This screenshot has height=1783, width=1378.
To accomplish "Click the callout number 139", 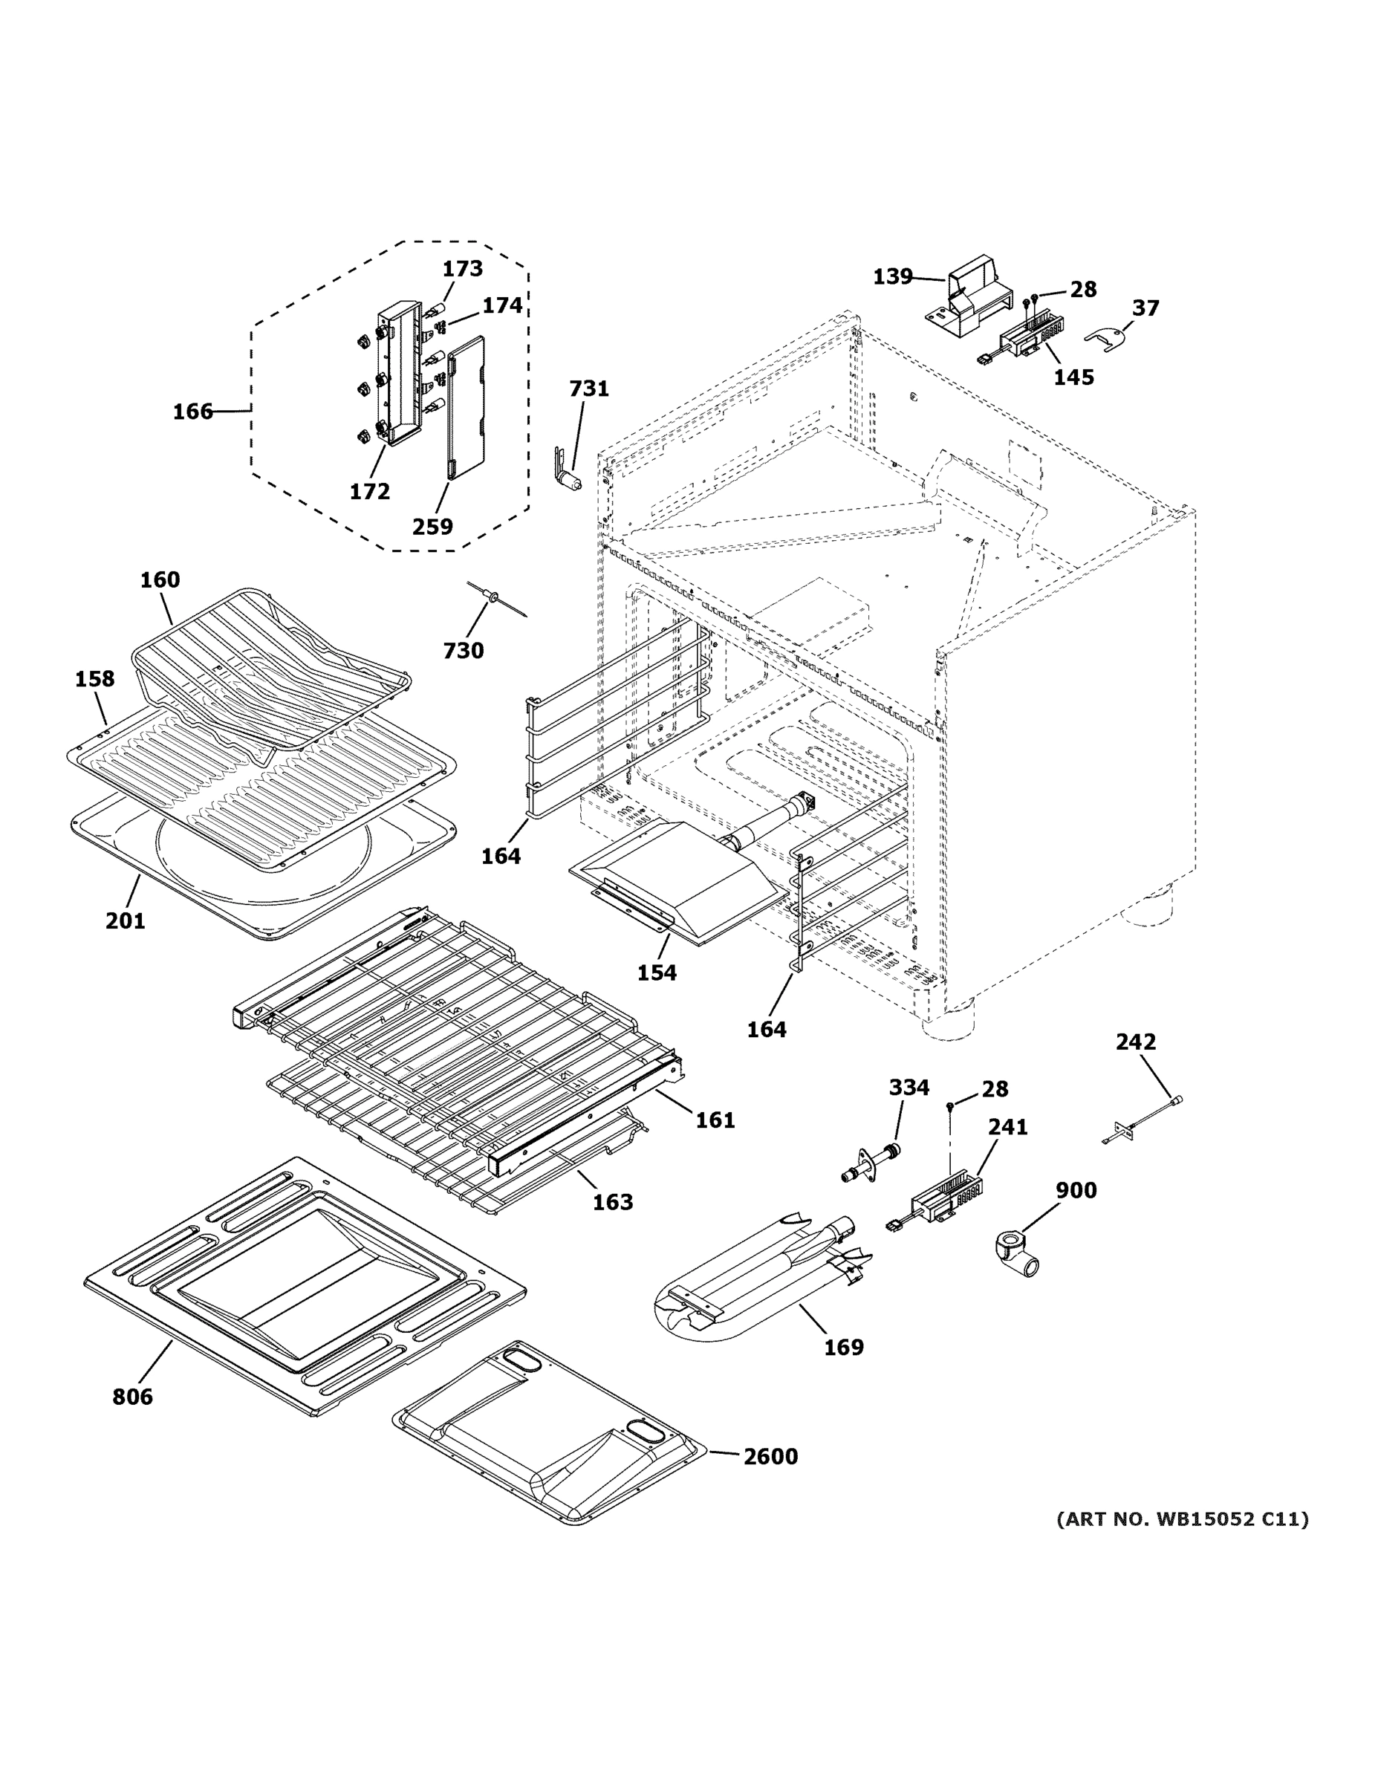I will coord(892,277).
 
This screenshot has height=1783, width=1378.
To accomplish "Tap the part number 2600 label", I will coord(770,1456).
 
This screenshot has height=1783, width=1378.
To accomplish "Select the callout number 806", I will coord(132,1397).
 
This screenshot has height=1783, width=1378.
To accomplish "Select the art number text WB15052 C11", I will coord(1181,1519).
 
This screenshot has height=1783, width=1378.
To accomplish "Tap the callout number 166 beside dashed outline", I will coord(192,412).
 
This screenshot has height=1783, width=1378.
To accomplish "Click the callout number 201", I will coord(125,921).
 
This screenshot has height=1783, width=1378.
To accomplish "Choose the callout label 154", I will coord(657,972).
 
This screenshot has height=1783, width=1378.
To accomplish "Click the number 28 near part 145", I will coord(1082,289).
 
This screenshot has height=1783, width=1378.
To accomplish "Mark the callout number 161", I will coord(715,1120).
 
